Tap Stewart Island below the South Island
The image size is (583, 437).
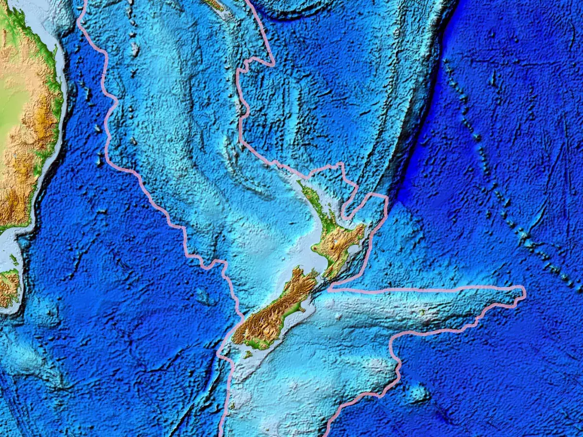(248, 355)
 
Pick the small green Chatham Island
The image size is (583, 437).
(422, 312)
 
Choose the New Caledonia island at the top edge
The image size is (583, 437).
(214, 5)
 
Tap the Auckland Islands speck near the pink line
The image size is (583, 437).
(233, 405)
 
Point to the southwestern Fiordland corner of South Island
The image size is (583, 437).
(235, 335)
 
